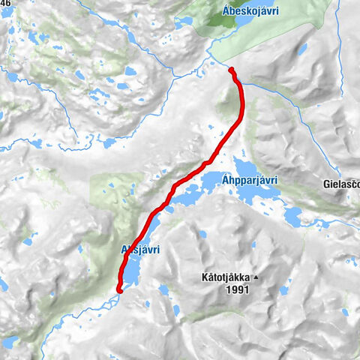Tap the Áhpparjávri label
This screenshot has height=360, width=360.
coord(250,180)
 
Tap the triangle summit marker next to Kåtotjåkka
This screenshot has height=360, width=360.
coord(255,277)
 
